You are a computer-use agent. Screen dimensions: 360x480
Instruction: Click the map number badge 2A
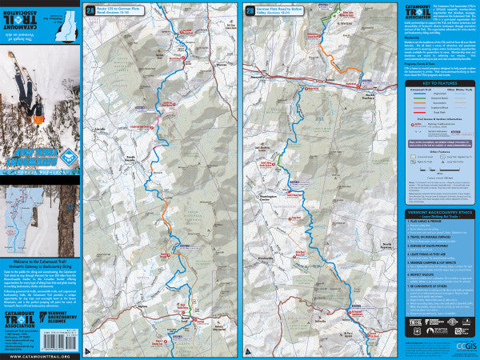click(x=90, y=10)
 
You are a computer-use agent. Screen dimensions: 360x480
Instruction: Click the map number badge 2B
click(x=251, y=10)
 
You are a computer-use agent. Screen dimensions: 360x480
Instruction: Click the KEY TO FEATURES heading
click(x=438, y=82)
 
